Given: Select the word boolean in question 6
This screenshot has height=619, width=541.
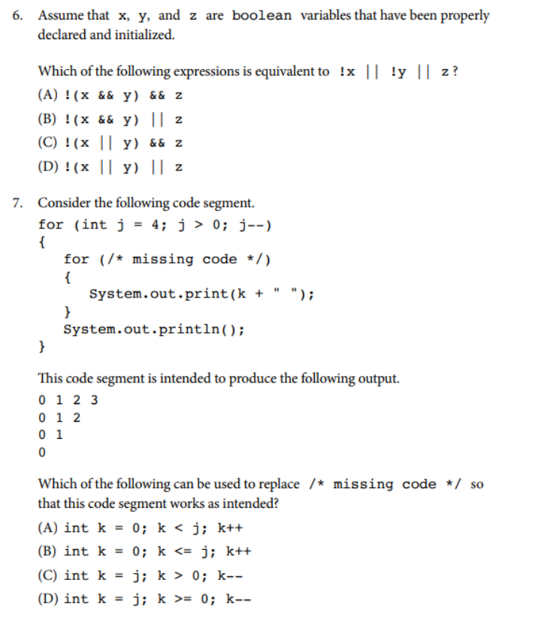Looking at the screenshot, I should (x=262, y=15).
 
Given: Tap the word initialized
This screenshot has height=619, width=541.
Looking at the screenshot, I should (x=146, y=35).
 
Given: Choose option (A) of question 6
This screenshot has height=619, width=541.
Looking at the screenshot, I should (x=110, y=95).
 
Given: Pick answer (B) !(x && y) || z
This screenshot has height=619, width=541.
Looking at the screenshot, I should (x=110, y=119).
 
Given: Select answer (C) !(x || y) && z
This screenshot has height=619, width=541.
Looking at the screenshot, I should (x=110, y=143).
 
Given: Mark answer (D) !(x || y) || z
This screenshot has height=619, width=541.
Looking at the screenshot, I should (x=110, y=166).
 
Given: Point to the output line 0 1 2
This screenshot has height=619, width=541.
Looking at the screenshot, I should (x=59, y=417).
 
